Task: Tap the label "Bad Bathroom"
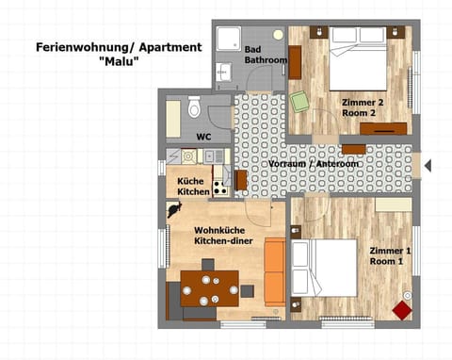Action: pos(266,55)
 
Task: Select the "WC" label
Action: pos(203,137)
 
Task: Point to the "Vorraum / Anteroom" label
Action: pos(314,164)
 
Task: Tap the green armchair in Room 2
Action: pos(300,102)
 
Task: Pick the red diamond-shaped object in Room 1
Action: pos(402,309)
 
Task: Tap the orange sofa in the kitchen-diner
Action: pos(274,271)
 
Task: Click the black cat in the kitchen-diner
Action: pos(174,209)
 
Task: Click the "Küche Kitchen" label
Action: pos(193,186)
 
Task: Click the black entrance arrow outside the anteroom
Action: pos(427,166)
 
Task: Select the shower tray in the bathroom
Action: pos(229,41)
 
